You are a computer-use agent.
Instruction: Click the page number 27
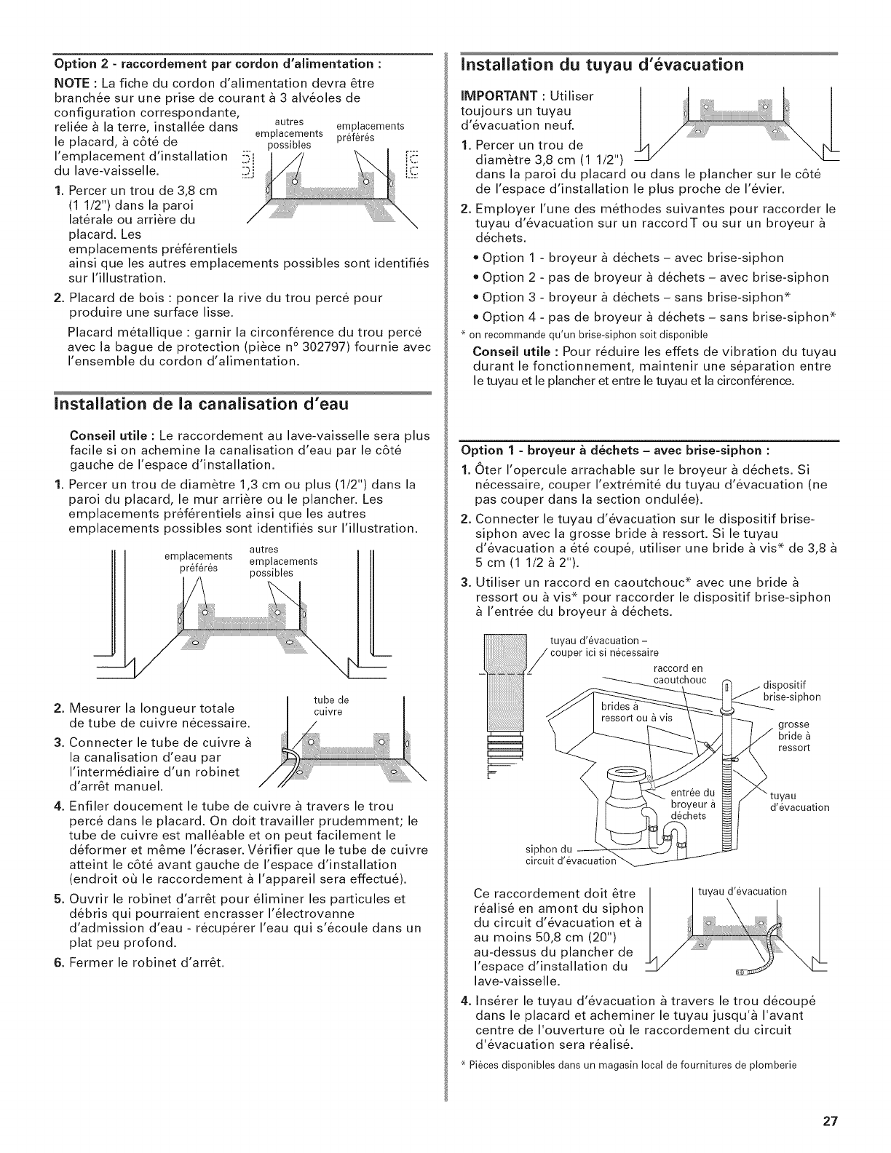[x=828, y=1121]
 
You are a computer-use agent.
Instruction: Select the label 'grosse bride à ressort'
[x=793, y=736]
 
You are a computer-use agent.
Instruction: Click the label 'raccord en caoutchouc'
[x=676, y=674]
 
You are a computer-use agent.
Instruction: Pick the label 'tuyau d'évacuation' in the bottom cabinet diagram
[x=742, y=891]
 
